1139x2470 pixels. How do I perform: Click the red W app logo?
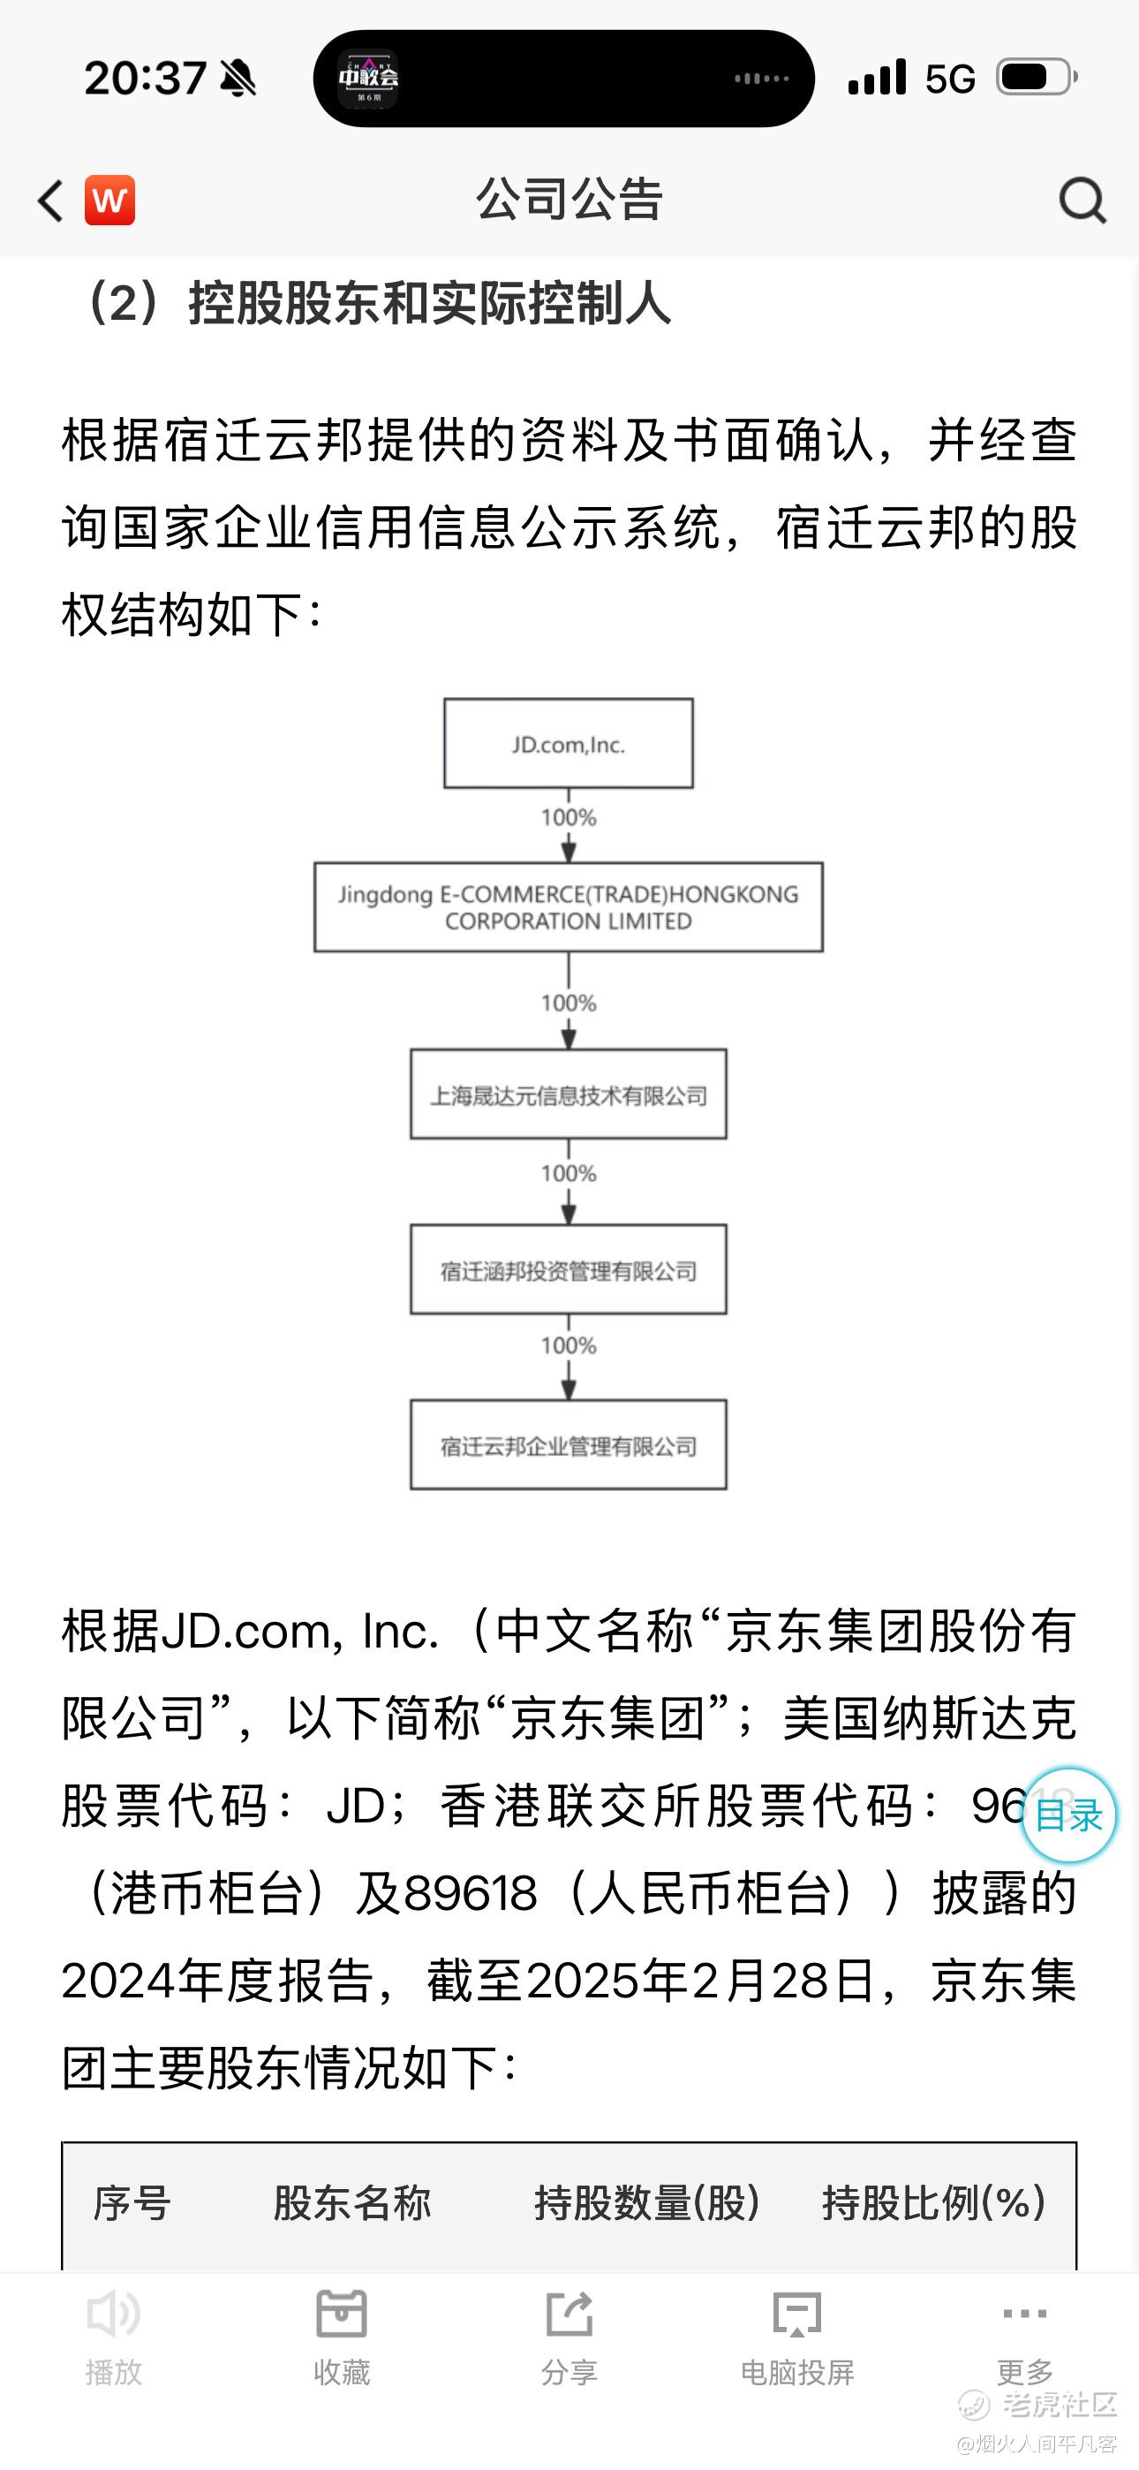pos(109,201)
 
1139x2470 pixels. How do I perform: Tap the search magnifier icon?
pos(1082,201)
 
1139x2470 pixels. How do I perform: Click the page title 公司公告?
pos(569,201)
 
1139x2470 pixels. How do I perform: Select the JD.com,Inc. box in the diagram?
pos(569,744)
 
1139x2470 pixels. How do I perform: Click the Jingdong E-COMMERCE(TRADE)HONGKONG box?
pos(569,907)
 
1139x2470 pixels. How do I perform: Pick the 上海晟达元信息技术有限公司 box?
pos(569,1094)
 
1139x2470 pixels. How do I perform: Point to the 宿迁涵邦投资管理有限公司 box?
pos(569,1269)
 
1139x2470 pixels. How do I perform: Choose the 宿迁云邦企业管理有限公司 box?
pos(569,1445)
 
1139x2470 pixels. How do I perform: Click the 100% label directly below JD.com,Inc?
pos(569,818)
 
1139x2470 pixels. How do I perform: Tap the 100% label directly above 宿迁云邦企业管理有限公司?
pos(569,1345)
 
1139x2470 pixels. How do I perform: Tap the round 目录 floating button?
pos(1068,1815)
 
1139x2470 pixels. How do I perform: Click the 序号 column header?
pos(132,2203)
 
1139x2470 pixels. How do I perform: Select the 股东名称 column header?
pos(352,2203)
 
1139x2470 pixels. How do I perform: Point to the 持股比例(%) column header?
pos(933,2203)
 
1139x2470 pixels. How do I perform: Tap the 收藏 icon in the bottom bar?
pos(342,2315)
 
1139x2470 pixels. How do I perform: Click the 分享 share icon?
pos(569,2315)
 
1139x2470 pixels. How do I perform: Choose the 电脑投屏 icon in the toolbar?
pos(796,2315)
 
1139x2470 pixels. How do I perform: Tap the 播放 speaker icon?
pos(113,2315)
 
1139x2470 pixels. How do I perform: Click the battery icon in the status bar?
pos(1037,77)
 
